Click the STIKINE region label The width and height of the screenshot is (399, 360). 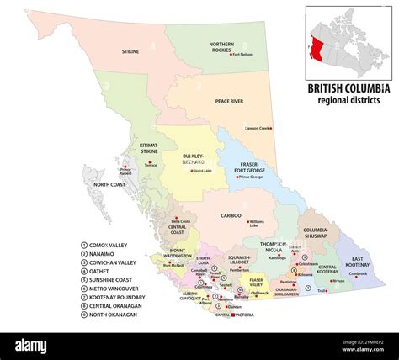(130, 51)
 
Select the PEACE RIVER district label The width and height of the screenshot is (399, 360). (228, 101)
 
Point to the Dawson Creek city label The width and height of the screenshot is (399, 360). (258, 128)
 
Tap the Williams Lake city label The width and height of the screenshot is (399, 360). (257, 223)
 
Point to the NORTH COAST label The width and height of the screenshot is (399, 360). (109, 184)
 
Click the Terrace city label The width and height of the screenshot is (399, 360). (151, 166)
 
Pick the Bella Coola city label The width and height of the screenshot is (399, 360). (180, 221)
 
